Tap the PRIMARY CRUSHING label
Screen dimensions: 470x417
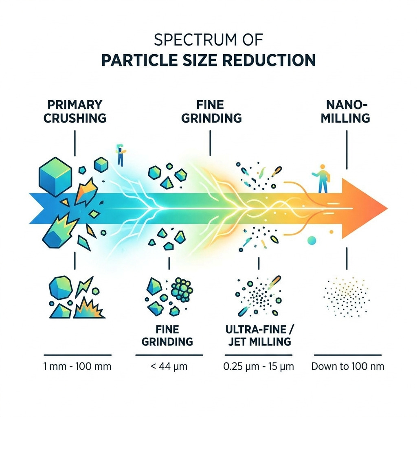point(75,111)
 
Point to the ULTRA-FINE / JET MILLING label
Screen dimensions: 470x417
point(259,335)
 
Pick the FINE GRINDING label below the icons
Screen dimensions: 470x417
point(167,335)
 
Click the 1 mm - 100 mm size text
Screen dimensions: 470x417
point(77,366)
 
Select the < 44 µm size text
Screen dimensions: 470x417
point(169,366)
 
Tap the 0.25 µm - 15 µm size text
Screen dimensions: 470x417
point(259,366)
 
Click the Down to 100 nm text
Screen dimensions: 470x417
point(347,366)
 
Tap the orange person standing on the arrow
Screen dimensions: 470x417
point(322,179)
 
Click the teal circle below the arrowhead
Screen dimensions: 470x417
point(312,240)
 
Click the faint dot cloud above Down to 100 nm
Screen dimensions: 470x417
point(347,296)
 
